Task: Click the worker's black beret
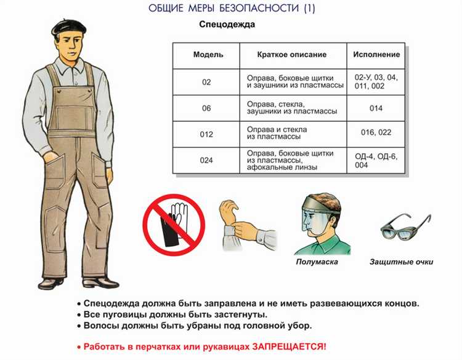(x=69, y=27)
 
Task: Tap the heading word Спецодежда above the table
(x=227, y=24)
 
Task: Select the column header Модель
(x=208, y=54)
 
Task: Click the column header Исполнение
(x=376, y=54)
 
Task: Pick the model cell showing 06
(x=206, y=108)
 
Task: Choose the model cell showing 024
(x=206, y=161)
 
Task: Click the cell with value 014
(x=376, y=108)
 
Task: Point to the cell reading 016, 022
(x=376, y=132)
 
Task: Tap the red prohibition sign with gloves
(x=174, y=225)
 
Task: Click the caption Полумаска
(x=317, y=262)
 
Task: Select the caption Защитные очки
(x=401, y=262)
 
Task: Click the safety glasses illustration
(x=405, y=226)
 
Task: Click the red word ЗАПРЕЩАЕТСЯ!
(x=289, y=346)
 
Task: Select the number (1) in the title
(x=309, y=8)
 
